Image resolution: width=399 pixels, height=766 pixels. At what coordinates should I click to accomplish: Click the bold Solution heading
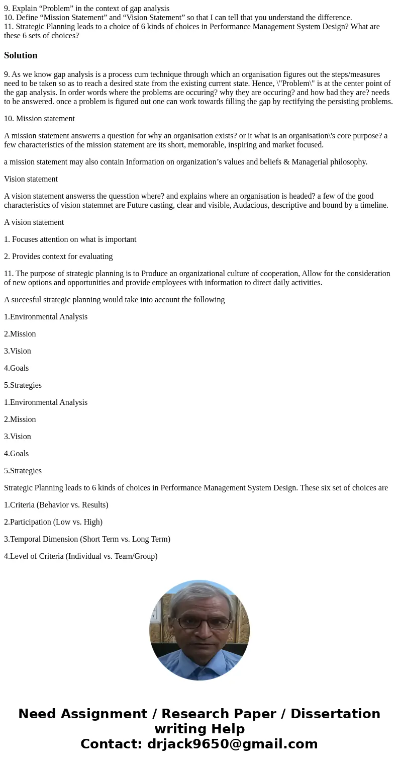(21, 55)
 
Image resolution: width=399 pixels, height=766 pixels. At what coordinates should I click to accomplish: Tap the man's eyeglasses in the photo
(199, 623)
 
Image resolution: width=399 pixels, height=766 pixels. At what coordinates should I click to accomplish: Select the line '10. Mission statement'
(39, 119)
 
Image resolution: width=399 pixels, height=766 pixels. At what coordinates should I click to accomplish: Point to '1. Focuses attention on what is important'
(70, 239)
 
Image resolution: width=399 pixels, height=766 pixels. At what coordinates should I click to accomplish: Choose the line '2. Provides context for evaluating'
(58, 257)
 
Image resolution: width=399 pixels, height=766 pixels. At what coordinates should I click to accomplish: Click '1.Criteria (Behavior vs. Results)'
(56, 505)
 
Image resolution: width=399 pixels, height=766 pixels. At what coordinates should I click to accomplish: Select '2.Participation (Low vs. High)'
(53, 522)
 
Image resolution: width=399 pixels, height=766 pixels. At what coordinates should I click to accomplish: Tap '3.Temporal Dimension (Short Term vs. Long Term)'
(87, 539)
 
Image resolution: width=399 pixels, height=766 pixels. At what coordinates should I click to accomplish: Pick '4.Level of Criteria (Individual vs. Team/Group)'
(80, 556)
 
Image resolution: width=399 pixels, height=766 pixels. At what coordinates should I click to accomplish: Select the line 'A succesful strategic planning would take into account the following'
(114, 300)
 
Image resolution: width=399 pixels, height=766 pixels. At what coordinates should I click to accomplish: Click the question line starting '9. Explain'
(86, 9)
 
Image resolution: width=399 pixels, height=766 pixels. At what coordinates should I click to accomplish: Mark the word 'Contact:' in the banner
(111, 744)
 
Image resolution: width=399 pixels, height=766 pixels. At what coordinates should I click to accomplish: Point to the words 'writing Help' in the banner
(199, 729)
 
